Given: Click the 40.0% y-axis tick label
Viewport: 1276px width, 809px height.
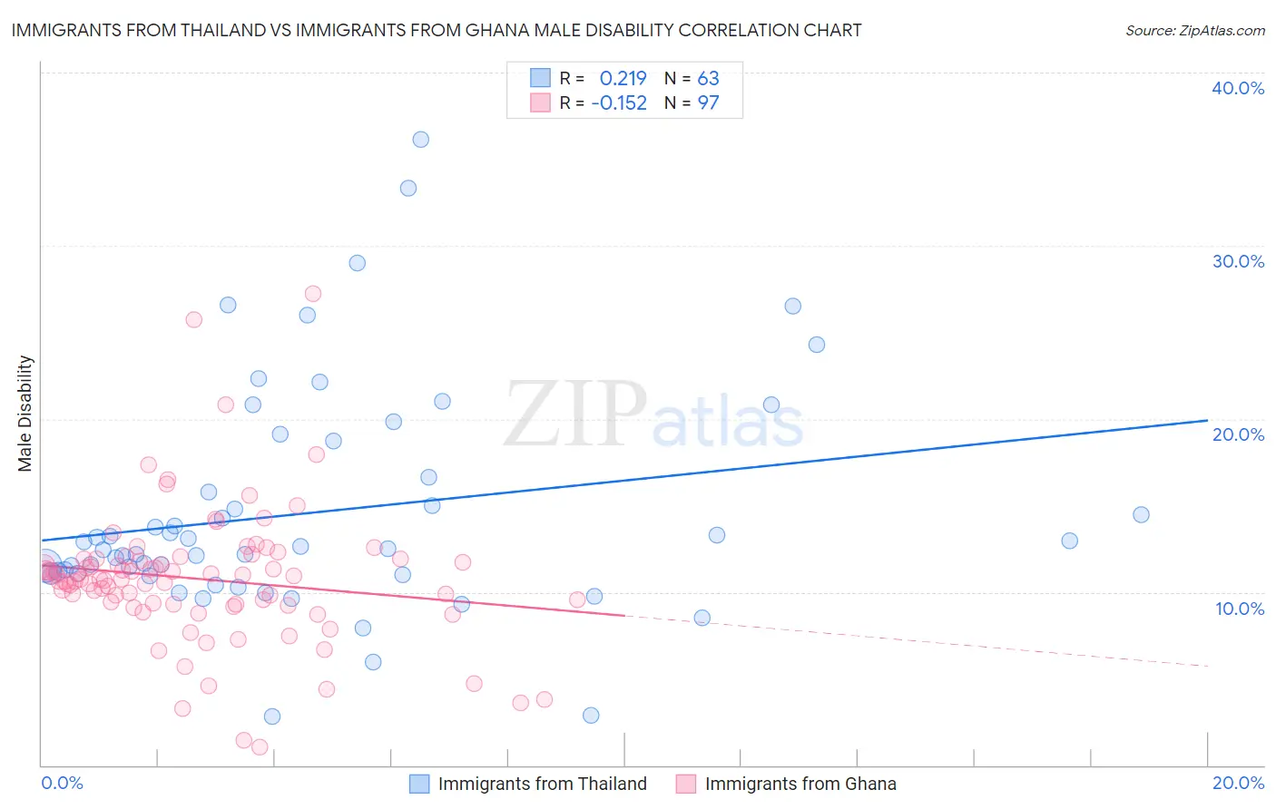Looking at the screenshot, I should tap(1238, 88).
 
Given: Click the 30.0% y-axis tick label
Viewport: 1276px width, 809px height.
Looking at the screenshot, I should tap(1238, 261).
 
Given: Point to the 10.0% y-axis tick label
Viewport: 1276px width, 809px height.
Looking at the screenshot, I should tap(1240, 609).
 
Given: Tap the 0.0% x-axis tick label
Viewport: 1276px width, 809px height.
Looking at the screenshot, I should tap(62, 783).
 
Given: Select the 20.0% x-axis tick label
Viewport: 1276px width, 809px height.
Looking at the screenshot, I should tap(1238, 783).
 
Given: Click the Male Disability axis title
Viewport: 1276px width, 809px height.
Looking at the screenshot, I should tap(25, 413).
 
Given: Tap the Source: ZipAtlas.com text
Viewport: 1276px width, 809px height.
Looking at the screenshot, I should tap(1194, 30).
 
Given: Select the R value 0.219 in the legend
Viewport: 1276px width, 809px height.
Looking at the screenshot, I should tap(623, 78).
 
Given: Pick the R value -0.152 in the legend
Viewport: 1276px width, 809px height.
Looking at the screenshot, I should tap(619, 102).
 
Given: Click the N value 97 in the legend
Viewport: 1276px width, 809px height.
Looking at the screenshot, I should tap(708, 102).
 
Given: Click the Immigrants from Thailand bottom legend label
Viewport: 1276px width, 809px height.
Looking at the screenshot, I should tap(542, 784).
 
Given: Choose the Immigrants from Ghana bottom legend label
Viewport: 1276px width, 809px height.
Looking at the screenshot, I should tap(800, 784).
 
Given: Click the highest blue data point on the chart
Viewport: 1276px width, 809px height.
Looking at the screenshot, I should tap(421, 140).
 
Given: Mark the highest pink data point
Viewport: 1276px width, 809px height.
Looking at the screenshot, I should tap(313, 294).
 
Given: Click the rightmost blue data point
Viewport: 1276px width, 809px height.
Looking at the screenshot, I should tap(1141, 514).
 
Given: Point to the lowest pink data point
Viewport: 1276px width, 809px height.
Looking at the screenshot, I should tap(260, 747).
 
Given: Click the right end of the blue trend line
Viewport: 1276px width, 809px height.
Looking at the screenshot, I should tap(1207, 420).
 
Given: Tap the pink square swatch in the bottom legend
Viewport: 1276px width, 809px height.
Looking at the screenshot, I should tap(685, 784).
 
